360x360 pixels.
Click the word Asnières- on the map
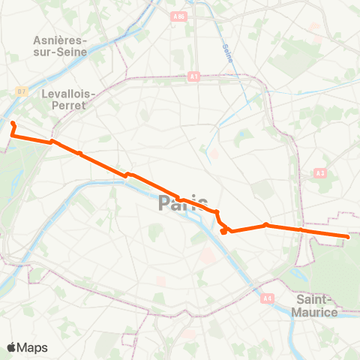(x=61, y=40)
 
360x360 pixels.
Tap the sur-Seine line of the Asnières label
(x=61, y=52)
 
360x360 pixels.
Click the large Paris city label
(x=182, y=203)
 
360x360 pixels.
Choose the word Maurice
(x=312, y=311)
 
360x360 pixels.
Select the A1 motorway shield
(x=193, y=76)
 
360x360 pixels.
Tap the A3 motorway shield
(x=320, y=173)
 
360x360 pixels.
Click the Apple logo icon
(x=13, y=347)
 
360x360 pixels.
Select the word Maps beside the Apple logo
(x=34, y=347)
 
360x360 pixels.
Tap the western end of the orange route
(x=13, y=122)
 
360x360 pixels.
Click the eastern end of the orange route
(x=348, y=237)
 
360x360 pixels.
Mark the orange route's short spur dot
(x=223, y=232)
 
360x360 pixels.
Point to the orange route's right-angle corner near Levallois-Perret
(x=13, y=136)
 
